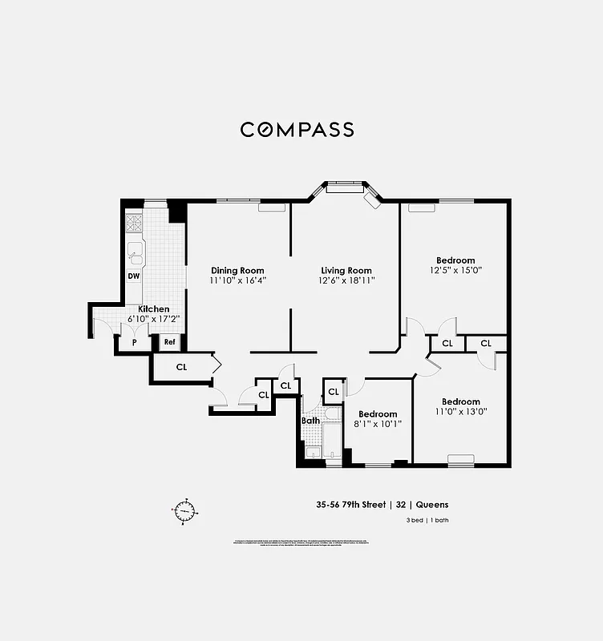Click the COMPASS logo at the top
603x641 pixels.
[297, 130]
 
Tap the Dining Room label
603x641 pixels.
[237, 271]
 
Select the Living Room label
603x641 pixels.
[346, 271]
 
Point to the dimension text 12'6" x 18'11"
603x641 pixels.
[346, 281]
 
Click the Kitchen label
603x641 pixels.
[154, 308]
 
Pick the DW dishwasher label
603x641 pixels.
[134, 276]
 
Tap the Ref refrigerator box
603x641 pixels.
[169, 343]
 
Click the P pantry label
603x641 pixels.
[133, 343]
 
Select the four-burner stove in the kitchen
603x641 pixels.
[134, 222]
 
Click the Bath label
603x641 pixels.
[310, 421]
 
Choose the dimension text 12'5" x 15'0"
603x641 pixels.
[455, 271]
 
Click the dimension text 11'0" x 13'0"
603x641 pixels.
[460, 412]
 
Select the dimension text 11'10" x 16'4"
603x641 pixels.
[237, 281]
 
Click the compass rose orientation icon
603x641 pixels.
[184, 510]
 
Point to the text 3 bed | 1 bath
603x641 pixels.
[427, 522]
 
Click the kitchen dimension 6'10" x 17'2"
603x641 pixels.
[154, 319]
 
